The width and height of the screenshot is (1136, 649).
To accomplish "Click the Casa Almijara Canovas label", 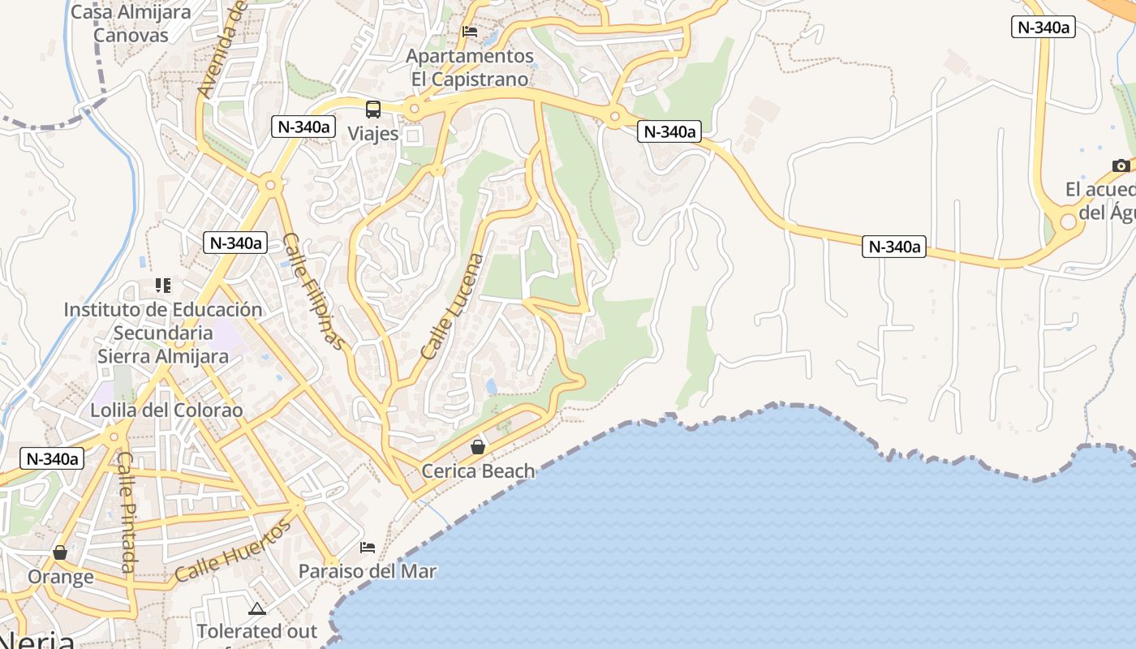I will click(x=131, y=24).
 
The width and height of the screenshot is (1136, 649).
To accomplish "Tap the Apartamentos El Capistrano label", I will click(x=470, y=67).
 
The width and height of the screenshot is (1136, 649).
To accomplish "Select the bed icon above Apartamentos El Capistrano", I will click(x=470, y=32).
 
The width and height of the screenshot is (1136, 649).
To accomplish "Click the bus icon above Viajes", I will click(x=373, y=110).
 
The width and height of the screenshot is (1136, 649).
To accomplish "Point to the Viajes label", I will click(x=373, y=133).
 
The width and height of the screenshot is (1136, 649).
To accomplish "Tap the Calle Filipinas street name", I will click(x=314, y=291).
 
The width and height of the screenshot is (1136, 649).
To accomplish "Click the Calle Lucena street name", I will click(x=453, y=307).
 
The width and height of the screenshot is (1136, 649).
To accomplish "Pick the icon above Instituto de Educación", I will click(x=163, y=286).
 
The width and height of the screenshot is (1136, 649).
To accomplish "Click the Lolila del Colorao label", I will click(x=166, y=410).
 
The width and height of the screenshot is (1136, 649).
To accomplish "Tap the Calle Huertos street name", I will click(x=233, y=552).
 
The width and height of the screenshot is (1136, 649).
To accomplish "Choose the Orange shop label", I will click(x=61, y=577).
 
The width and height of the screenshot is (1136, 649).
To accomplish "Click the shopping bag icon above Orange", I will click(x=60, y=552).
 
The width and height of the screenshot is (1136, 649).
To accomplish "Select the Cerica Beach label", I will click(x=479, y=471).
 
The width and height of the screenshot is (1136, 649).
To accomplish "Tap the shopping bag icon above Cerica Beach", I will click(x=478, y=447).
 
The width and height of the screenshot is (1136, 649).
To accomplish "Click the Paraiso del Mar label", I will click(x=368, y=571).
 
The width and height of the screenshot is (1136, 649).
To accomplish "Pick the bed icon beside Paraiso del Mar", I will click(x=368, y=548).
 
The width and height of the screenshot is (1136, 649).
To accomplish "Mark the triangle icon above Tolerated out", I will click(x=257, y=608).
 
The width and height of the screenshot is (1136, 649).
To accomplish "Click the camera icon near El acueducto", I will click(x=1121, y=165).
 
